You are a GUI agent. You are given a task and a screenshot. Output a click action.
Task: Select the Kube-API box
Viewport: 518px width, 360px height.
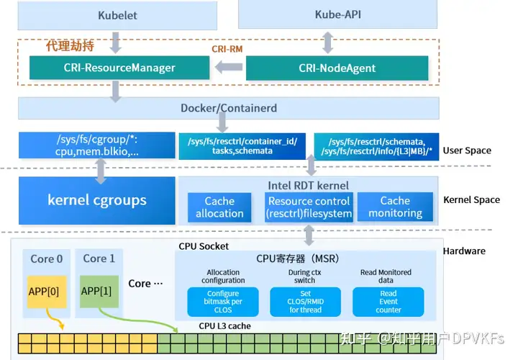(337, 14)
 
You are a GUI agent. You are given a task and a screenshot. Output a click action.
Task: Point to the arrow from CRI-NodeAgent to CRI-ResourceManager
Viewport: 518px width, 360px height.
(229, 68)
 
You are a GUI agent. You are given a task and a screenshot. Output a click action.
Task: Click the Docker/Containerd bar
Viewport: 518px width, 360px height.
(228, 108)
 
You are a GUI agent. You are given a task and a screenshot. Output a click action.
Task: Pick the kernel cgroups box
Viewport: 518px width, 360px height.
(97, 200)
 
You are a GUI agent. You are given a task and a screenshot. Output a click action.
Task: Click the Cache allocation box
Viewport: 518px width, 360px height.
(219, 207)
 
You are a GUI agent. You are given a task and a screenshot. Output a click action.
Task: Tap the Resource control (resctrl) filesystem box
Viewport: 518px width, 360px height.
(309, 207)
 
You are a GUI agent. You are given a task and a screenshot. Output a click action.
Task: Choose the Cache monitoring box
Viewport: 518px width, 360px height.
(395, 207)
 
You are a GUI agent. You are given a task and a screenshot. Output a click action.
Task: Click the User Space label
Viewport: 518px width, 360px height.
(467, 150)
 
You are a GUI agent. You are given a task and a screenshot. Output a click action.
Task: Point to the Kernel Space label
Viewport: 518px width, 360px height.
(471, 199)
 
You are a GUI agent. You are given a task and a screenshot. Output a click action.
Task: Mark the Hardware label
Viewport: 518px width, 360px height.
(464, 251)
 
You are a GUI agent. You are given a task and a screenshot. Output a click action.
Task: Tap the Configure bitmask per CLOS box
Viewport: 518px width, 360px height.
(224, 302)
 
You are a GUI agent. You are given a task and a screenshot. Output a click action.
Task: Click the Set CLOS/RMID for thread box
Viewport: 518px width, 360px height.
(305, 302)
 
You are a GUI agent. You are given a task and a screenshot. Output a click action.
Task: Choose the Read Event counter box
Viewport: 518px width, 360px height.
(388, 302)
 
